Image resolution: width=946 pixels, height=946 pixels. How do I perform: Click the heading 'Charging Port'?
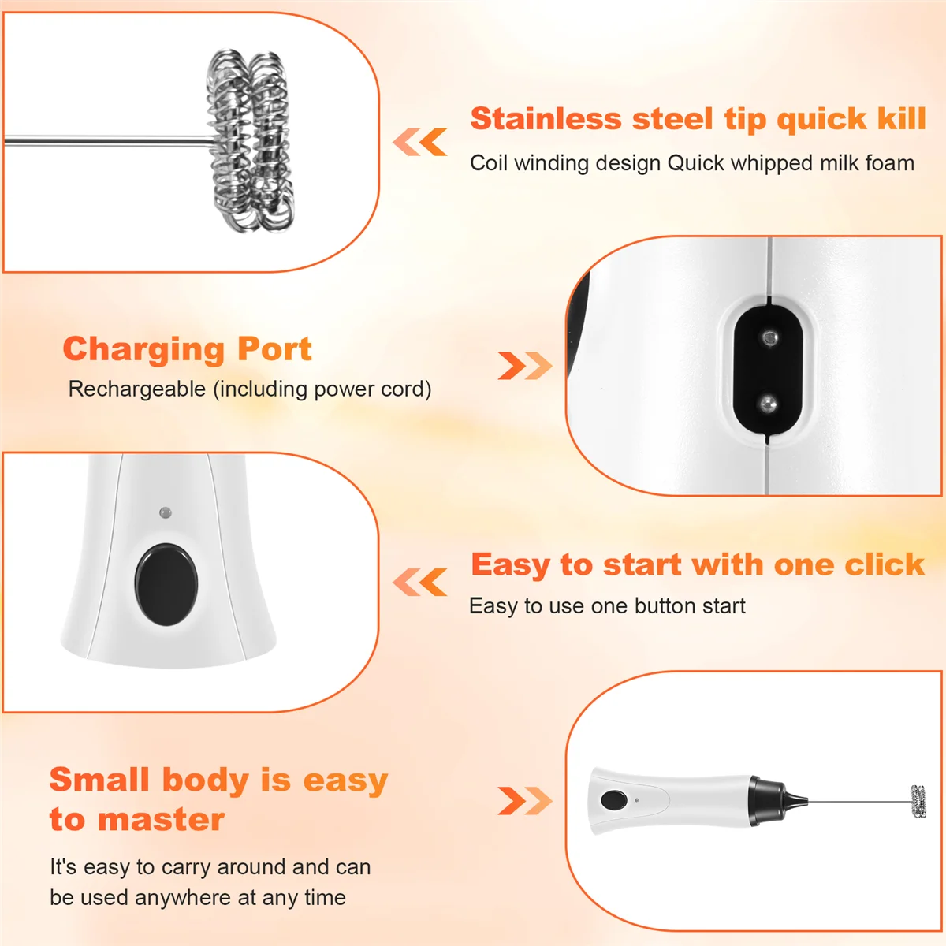(187, 348)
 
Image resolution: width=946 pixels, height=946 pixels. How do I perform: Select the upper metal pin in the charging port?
(769, 337)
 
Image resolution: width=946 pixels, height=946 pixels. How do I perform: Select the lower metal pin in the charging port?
(768, 405)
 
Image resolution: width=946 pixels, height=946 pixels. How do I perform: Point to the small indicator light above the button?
(165, 512)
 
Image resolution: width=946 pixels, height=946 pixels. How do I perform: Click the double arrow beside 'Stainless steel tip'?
(420, 143)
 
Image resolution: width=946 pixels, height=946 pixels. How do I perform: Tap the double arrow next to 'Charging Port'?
(525, 366)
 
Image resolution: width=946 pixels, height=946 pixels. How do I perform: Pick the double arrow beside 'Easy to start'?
(420, 583)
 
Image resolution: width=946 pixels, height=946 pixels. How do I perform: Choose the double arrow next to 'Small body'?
(525, 801)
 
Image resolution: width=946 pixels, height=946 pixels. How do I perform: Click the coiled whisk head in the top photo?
(251, 142)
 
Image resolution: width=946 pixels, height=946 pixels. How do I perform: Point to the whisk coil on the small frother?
(918, 802)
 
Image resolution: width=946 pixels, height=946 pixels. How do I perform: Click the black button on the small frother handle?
(613, 801)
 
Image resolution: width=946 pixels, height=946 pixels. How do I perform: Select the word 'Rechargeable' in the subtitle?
(137, 389)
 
